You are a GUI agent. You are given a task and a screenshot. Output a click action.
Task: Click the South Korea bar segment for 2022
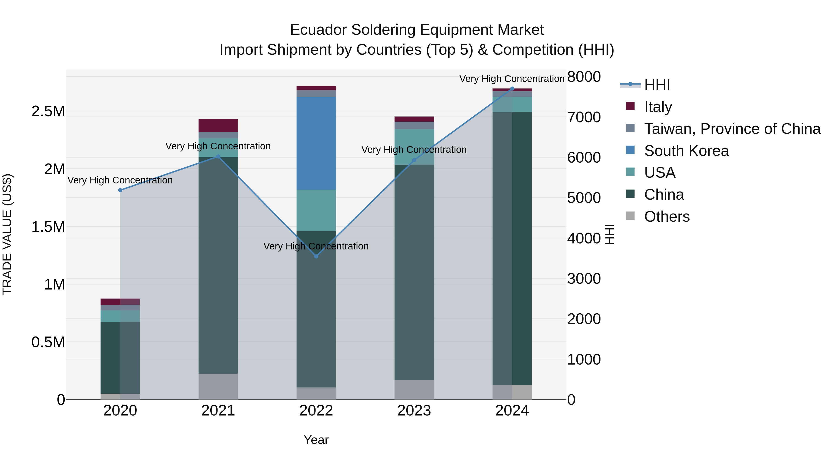[x=316, y=143]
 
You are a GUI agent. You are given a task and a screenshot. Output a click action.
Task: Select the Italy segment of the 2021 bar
[x=218, y=125]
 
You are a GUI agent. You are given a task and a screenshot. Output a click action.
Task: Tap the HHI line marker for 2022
[x=316, y=256]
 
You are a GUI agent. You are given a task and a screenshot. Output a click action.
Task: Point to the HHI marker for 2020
[x=120, y=190]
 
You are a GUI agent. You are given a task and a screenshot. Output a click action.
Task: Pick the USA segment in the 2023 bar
[x=414, y=147]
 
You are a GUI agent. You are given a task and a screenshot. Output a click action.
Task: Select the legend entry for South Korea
[x=686, y=151]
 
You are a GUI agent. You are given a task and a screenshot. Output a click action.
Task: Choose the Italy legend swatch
[x=630, y=106]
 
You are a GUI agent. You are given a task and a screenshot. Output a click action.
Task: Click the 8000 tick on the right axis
[x=584, y=77]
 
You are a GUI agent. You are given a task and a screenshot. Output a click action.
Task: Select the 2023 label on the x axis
[x=414, y=411]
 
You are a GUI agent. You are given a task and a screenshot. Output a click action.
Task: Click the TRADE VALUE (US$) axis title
[x=7, y=234]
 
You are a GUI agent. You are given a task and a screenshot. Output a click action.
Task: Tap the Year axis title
[x=316, y=440]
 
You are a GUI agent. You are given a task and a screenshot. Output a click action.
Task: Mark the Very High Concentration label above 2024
[x=512, y=79]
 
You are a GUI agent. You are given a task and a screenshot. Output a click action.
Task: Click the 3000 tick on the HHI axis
[x=584, y=279]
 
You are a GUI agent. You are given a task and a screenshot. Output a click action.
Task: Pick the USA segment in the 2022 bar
[x=316, y=210]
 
